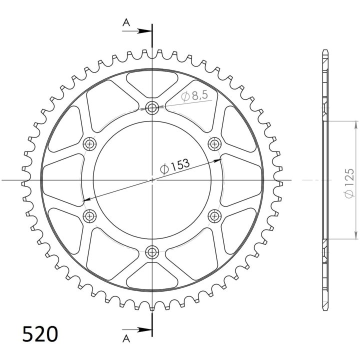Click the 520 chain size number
(x=40, y=334)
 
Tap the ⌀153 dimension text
(x=175, y=166)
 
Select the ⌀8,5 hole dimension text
(x=194, y=95)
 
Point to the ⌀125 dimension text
(x=349, y=183)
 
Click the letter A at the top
(x=126, y=22)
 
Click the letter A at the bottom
(x=126, y=338)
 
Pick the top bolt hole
(x=152, y=107)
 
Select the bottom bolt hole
(x=152, y=252)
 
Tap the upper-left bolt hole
(x=89, y=144)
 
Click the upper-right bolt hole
(x=214, y=144)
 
